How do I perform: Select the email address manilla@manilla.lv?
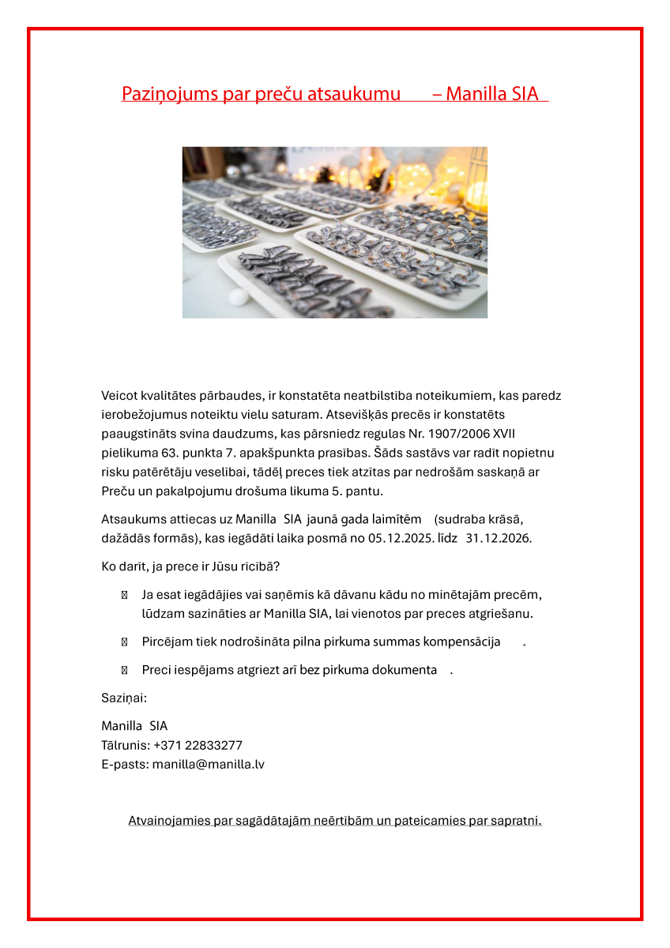[209, 764]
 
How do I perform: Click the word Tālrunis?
[125, 745]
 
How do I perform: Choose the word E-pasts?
[125, 764]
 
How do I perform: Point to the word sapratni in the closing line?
[515, 820]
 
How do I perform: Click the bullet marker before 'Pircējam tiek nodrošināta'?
[124, 642]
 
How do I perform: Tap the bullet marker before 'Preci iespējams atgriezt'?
[124, 670]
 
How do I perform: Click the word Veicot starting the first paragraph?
[118, 395]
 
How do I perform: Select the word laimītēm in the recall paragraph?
[400, 519]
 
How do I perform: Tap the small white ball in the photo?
[238, 297]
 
